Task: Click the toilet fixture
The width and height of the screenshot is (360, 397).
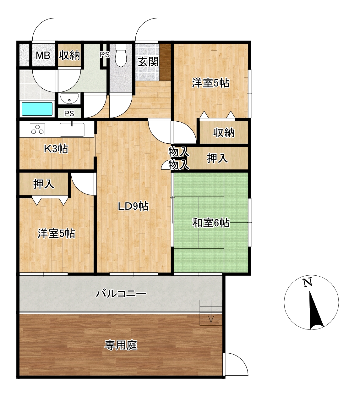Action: point(121,55)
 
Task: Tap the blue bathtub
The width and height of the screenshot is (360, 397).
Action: point(37,109)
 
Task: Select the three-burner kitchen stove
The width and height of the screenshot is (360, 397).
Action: point(37,130)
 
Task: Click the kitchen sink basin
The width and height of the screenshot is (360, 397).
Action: point(72,130)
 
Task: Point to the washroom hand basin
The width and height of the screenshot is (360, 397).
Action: point(69,98)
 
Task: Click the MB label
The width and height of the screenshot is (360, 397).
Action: point(43,55)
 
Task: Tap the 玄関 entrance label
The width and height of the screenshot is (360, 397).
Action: point(148,62)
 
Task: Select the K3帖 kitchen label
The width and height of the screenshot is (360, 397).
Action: point(56,149)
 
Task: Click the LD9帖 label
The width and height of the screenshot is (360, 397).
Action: point(133,207)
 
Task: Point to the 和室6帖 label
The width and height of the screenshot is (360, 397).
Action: point(211,223)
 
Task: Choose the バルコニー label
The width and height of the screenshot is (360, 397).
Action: point(121,294)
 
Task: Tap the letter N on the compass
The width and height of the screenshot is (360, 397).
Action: point(308,282)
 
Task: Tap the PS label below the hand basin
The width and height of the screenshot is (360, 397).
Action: point(69,113)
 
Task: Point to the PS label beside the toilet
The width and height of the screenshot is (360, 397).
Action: point(105,55)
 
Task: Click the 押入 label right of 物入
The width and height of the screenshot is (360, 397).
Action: point(217,158)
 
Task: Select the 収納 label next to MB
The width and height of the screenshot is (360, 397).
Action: point(69,55)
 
